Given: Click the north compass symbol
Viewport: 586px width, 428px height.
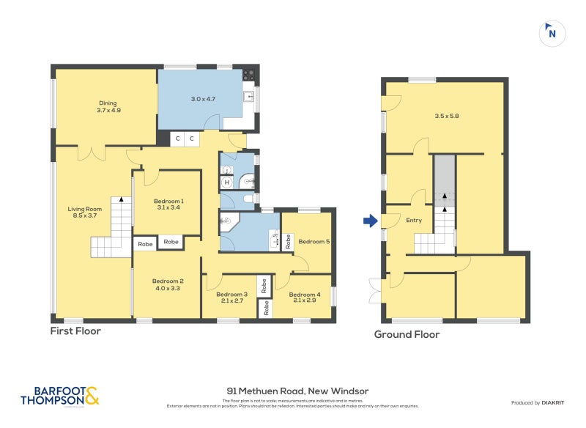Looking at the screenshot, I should (552, 32).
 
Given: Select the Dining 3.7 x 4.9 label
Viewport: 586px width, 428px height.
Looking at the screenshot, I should (108, 107).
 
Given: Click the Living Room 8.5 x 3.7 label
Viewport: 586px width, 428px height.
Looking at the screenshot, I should (83, 212).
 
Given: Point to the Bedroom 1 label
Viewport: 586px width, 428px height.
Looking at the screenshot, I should (168, 204).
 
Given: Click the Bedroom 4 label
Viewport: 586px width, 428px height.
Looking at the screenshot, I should (304, 297).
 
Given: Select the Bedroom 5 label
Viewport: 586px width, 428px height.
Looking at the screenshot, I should (314, 241).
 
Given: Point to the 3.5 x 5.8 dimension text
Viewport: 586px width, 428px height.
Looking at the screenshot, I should (447, 116).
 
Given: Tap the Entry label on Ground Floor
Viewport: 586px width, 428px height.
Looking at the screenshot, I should (414, 221).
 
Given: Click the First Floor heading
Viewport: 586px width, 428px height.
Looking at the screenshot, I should (75, 331).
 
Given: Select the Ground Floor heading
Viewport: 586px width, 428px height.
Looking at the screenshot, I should (407, 334).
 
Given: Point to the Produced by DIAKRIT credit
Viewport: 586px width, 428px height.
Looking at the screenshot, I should (538, 402).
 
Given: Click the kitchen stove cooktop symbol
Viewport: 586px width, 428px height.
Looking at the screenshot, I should (249, 74).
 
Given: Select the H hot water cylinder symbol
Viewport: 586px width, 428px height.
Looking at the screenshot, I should (227, 182).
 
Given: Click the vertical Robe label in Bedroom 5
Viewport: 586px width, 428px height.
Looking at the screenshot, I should (288, 241).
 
